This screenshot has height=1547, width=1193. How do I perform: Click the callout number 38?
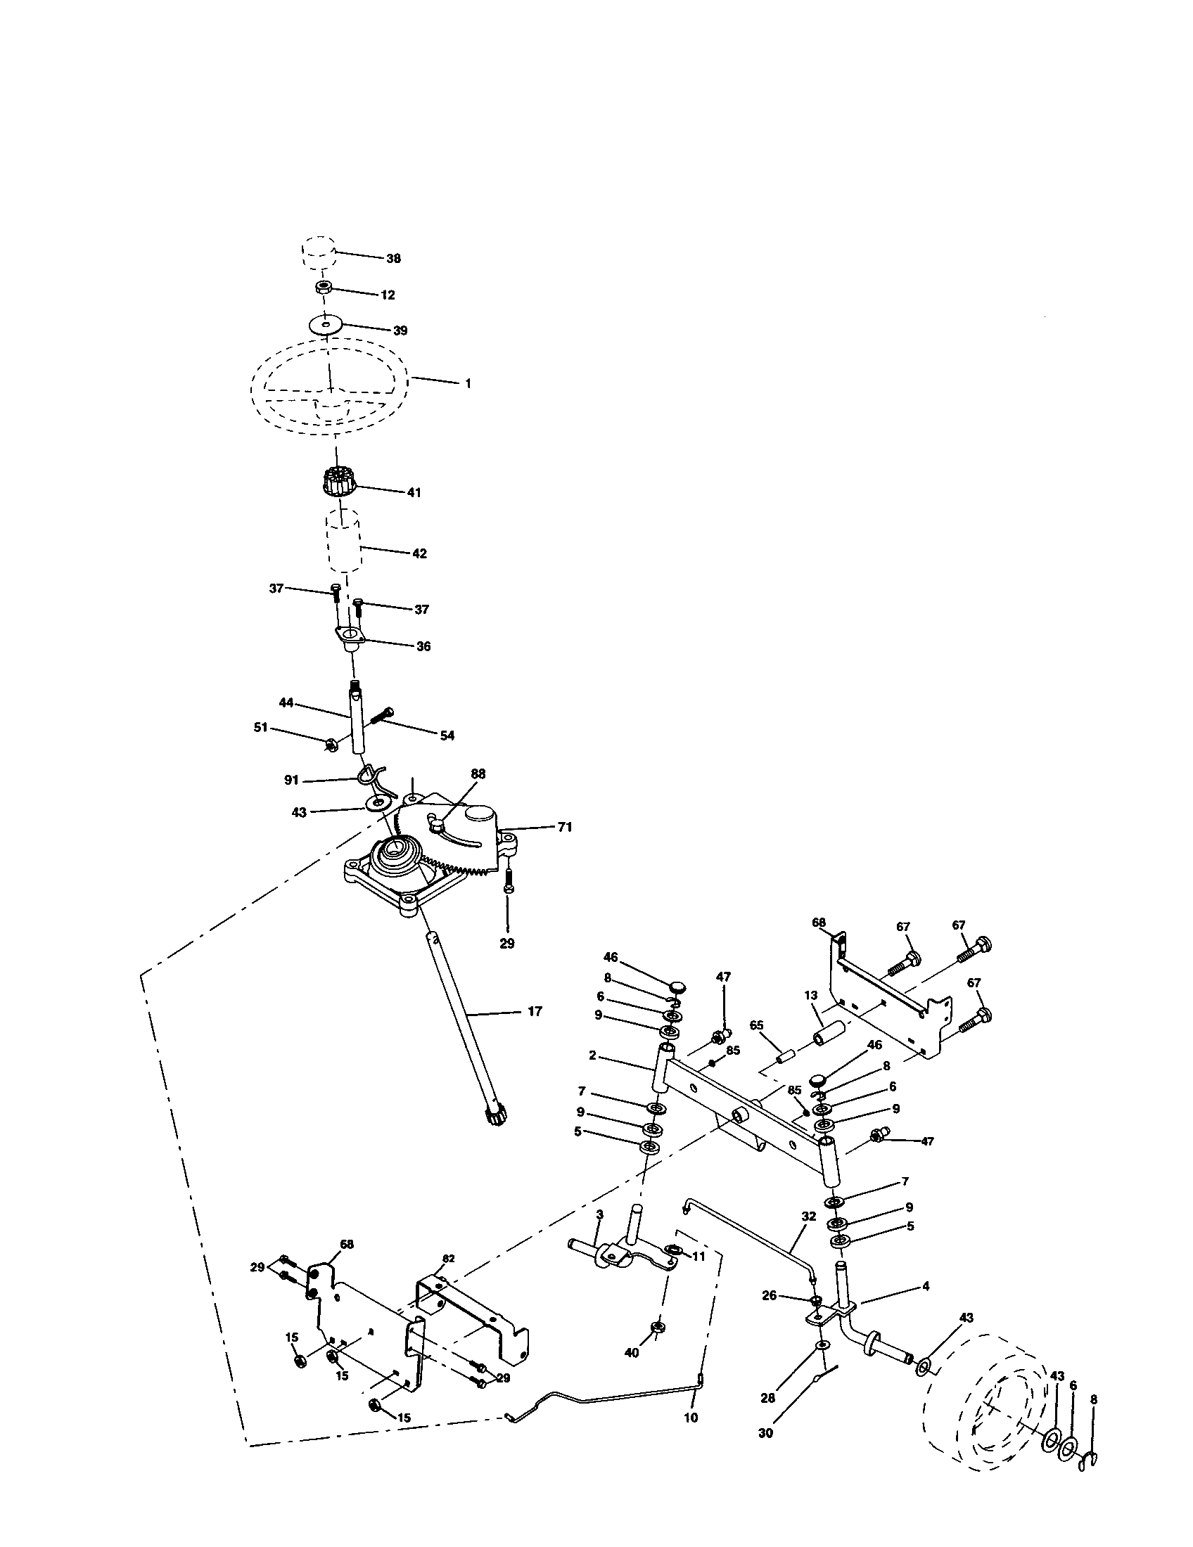point(393,259)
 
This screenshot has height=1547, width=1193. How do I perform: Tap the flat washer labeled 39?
point(325,325)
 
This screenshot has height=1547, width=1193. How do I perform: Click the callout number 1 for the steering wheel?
point(468,383)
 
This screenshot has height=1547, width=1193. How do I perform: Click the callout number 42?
point(419,553)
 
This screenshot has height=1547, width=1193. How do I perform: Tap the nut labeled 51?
point(329,744)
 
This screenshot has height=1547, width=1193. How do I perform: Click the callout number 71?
point(565,827)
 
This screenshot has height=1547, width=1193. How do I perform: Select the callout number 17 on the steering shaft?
point(535,1011)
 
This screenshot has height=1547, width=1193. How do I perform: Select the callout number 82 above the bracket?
point(449,1259)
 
